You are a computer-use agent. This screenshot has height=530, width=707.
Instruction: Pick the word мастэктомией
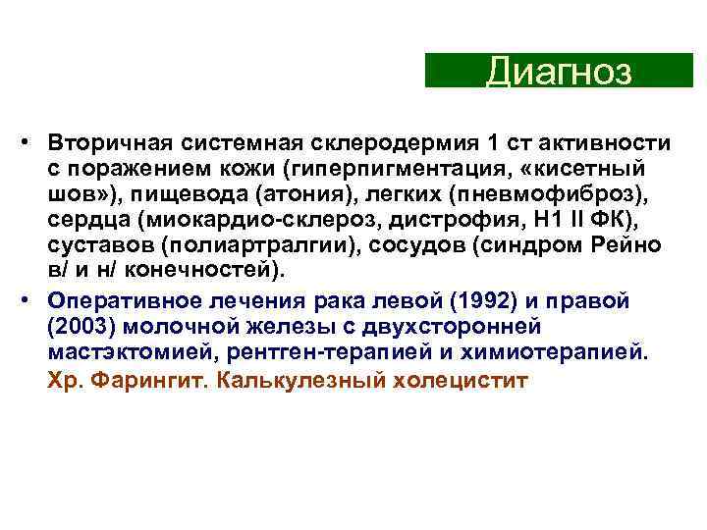pos(115,351)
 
